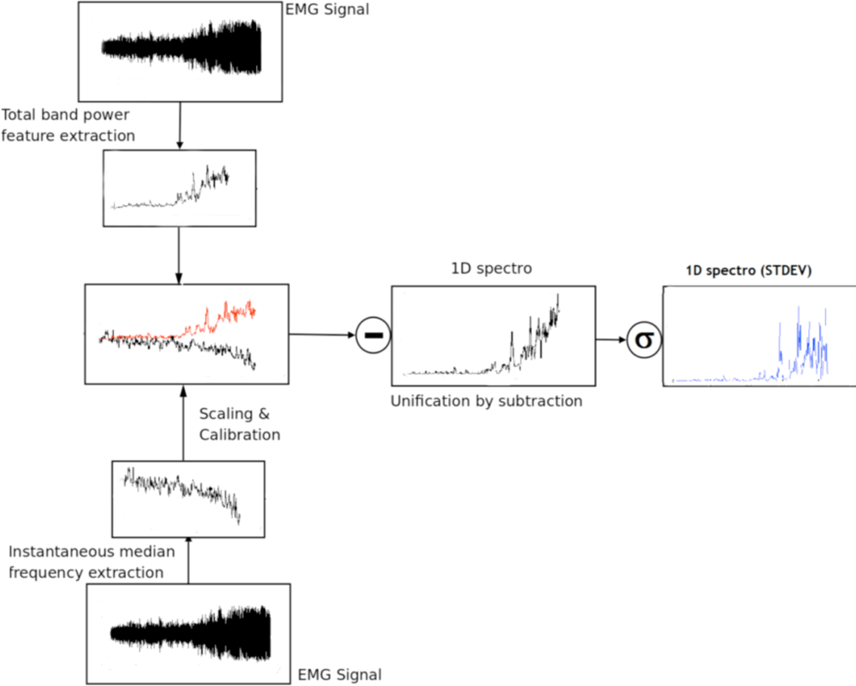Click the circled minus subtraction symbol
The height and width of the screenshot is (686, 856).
pos(372,334)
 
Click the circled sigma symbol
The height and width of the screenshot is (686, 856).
pos(643,340)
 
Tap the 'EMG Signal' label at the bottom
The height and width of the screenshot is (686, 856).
pos(339,675)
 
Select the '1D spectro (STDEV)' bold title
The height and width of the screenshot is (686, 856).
pos(749,271)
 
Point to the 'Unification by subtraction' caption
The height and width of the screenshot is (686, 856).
pos(486,400)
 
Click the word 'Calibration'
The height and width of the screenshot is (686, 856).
pos(240,435)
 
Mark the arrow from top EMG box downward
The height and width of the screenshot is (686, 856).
pos(179,125)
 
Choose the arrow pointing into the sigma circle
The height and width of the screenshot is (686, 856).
pos(611,340)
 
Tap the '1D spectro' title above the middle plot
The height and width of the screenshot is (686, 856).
pos(491,269)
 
